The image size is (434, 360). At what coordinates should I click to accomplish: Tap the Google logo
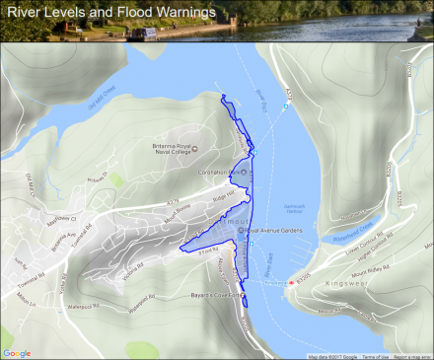pos(17,352)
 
